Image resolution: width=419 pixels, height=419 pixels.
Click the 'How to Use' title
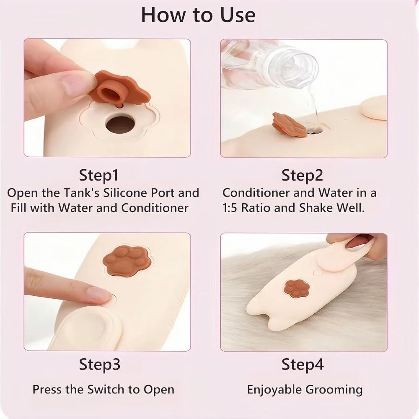(x=198, y=15)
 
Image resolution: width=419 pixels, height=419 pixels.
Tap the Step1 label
(x=98, y=176)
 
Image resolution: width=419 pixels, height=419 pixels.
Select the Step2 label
(x=302, y=176)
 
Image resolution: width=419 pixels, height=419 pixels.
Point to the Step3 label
(x=99, y=365)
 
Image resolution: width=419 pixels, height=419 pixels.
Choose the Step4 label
(x=303, y=365)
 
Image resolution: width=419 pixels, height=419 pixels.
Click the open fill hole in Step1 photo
(x=120, y=124)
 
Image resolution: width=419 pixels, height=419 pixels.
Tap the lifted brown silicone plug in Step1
(x=120, y=88)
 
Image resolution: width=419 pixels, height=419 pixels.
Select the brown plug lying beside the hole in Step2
(x=289, y=125)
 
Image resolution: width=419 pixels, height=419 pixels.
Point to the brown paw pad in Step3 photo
(x=128, y=261)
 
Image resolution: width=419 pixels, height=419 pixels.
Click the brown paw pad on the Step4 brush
(x=296, y=288)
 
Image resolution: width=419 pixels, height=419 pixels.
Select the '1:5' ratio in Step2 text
(x=230, y=208)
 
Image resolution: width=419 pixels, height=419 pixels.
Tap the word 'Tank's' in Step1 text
(x=82, y=193)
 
